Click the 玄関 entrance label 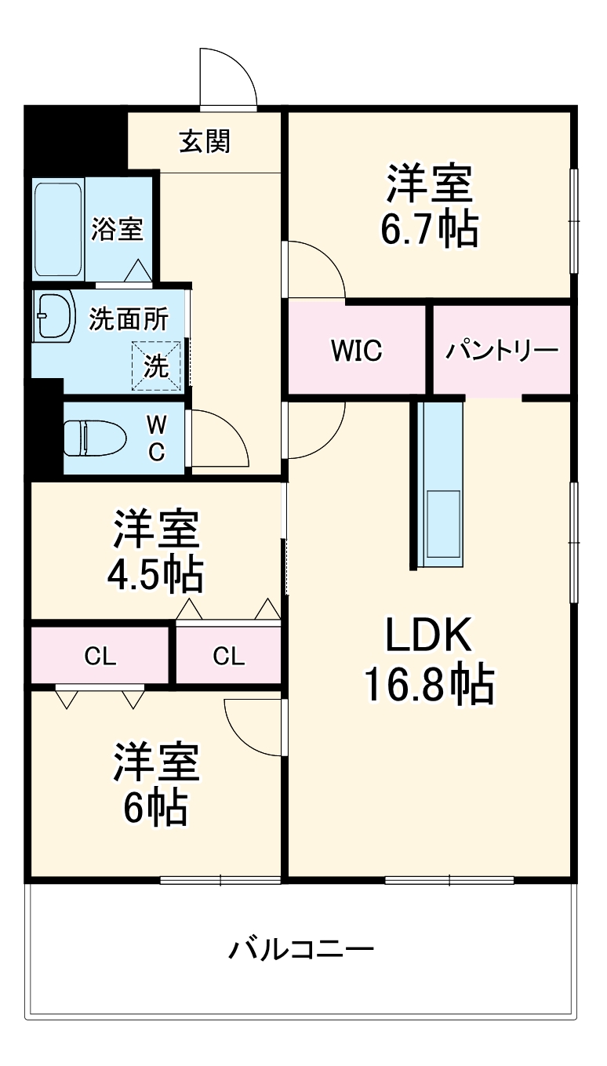coord(205,141)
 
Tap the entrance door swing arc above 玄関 coord(228,77)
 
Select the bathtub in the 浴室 coord(58,229)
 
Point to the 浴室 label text coord(118,229)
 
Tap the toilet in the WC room coord(95,438)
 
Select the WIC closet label coord(356,351)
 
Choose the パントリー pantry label coord(502,351)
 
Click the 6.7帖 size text coord(429,230)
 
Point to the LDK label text coord(427,637)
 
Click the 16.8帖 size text coord(427,684)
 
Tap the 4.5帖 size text coord(154,575)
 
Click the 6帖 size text coord(154,808)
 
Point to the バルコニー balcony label coord(301,950)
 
